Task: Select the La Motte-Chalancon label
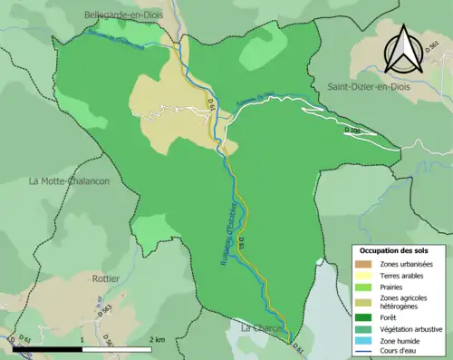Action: click(x=70, y=180)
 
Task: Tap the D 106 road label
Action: click(x=352, y=131)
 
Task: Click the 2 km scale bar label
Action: click(x=159, y=339)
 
